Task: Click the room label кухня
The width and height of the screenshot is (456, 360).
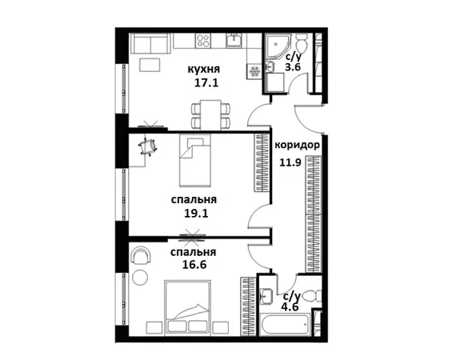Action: click(x=204, y=70)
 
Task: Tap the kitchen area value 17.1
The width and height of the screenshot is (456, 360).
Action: click(x=206, y=83)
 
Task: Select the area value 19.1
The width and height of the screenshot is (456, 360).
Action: click(x=196, y=214)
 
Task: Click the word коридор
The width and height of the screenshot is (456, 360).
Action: click(x=298, y=145)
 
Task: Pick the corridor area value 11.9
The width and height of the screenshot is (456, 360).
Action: click(x=290, y=162)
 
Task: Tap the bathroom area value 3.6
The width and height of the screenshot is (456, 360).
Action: click(x=293, y=67)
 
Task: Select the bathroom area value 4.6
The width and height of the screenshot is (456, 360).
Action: click(x=290, y=306)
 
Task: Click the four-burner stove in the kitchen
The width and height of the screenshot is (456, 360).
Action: click(x=203, y=41)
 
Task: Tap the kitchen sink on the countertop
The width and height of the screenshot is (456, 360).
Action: click(x=234, y=40)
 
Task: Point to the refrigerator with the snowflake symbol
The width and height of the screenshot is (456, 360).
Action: click(x=254, y=71)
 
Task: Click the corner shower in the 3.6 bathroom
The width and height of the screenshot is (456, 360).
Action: click(x=277, y=46)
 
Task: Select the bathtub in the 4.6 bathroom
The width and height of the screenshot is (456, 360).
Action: click(x=284, y=323)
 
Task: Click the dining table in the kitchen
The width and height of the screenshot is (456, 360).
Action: click(x=211, y=115)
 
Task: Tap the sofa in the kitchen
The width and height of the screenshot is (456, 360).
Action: click(x=150, y=43)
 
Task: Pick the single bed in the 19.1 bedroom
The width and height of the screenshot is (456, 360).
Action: click(x=195, y=160)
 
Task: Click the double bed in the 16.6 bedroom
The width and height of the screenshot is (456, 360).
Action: click(x=187, y=308)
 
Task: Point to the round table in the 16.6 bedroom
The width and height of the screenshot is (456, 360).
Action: click(x=140, y=278)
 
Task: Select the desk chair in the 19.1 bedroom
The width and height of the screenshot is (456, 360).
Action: click(x=148, y=147)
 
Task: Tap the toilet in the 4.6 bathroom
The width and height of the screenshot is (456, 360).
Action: click(x=312, y=297)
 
